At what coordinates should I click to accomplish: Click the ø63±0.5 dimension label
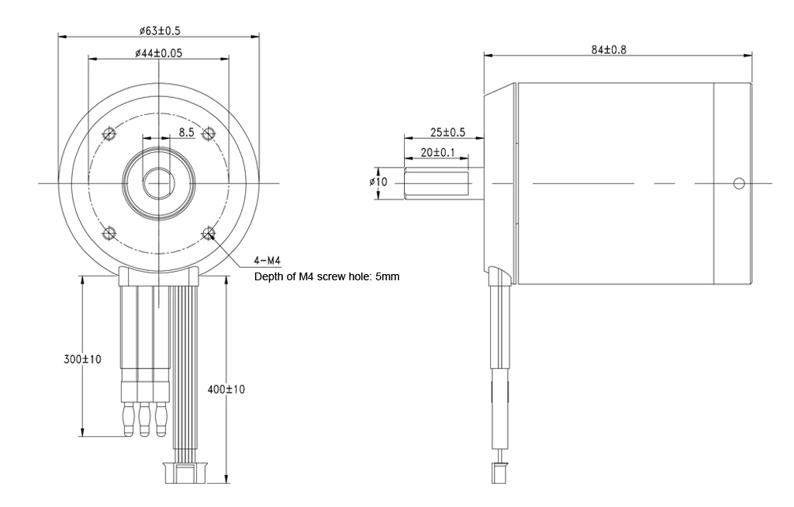[161, 30]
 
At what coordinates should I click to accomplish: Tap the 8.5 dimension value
[187, 132]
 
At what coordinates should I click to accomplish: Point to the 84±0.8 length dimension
[609, 50]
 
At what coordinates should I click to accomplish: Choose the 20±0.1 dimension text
[438, 153]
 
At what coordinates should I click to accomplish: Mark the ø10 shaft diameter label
[381, 182]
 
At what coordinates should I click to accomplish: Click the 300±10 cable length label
[81, 359]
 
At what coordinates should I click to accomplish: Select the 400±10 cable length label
[226, 388]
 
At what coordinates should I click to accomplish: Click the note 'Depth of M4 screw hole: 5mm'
[326, 276]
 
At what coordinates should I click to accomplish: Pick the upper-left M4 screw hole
[109, 134]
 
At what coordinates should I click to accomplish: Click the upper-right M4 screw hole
[207, 134]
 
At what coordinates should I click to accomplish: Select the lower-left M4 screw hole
[109, 232]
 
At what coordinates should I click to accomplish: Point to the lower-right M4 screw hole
[208, 232]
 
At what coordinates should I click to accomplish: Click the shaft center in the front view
[158, 183]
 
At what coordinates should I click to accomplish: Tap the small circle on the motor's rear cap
[738, 183]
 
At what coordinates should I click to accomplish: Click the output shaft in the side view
[437, 183]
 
